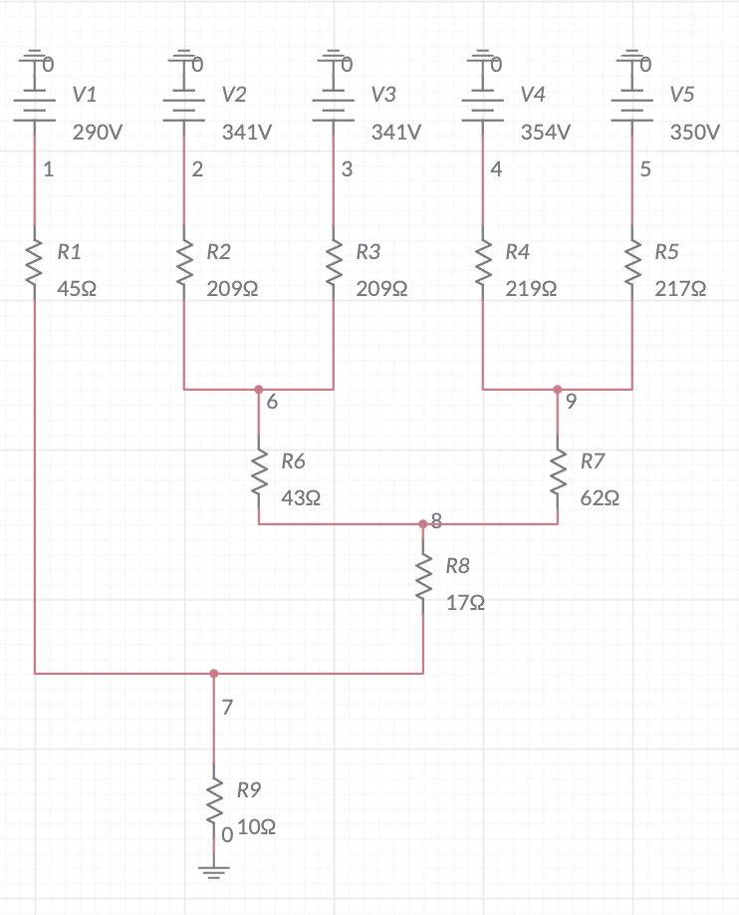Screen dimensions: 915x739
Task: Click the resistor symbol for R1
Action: [35, 268]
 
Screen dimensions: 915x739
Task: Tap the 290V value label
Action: [98, 133]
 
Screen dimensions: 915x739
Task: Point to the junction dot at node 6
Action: [259, 389]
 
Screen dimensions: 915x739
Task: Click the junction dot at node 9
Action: [558, 389]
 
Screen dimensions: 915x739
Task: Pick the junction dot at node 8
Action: [423, 523]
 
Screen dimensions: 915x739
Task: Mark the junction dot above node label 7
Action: [214, 674]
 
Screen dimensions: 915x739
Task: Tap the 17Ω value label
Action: [465, 604]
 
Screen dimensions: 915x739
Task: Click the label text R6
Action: [293, 460]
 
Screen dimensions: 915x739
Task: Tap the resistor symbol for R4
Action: [483, 268]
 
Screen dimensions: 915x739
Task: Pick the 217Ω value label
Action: [681, 289]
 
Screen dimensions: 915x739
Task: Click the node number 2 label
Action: [197, 169]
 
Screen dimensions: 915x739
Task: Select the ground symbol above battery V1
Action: [35, 59]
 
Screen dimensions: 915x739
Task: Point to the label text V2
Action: [234, 95]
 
